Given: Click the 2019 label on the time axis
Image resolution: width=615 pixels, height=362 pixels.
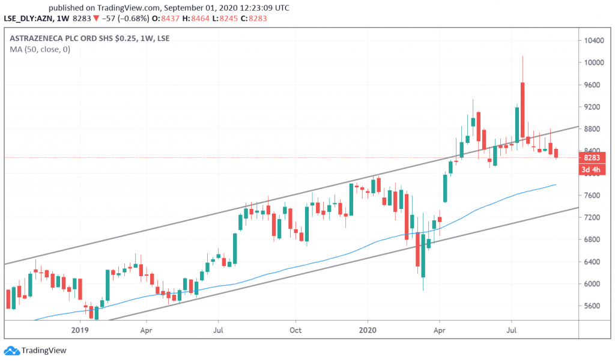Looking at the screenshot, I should pyautogui.click(x=80, y=330).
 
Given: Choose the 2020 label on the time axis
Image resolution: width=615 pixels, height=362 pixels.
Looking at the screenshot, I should pyautogui.click(x=368, y=330).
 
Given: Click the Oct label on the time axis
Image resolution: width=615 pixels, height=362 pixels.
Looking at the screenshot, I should pyautogui.click(x=294, y=330).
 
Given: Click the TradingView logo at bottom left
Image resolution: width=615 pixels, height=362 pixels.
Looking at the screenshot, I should pyautogui.click(x=35, y=351).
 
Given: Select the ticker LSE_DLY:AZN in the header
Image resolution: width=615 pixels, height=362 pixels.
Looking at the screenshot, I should pyautogui.click(x=28, y=19).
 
